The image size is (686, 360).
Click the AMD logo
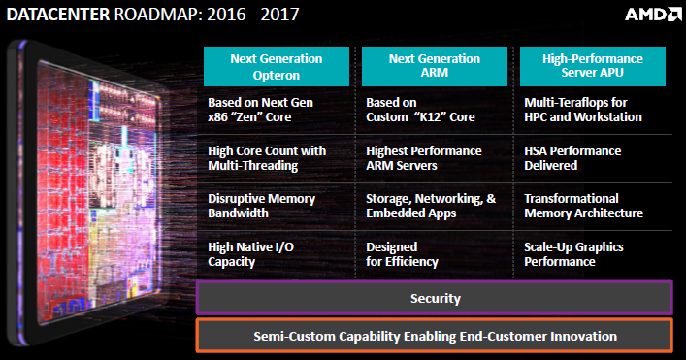click(x=653, y=15)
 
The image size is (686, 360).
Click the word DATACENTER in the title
click(x=58, y=15)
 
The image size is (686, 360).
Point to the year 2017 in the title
click(x=280, y=15)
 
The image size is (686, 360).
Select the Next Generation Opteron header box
click(x=277, y=67)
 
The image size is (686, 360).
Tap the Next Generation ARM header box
click(x=435, y=67)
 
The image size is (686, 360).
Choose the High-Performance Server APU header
click(x=593, y=67)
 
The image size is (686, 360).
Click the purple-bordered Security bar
click(x=435, y=298)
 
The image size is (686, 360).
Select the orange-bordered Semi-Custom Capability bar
click(x=435, y=336)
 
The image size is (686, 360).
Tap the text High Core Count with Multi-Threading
click(x=267, y=158)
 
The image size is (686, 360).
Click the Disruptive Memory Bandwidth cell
click(x=262, y=206)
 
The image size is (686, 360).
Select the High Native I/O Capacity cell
click(x=250, y=254)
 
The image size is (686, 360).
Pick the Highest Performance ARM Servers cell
click(x=423, y=158)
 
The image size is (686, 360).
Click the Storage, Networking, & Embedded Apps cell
click(x=431, y=206)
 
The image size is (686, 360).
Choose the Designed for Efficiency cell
click(x=402, y=254)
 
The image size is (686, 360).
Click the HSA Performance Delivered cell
click(x=572, y=158)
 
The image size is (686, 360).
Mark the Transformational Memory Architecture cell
click(x=583, y=206)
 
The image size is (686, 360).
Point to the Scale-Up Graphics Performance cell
click(x=573, y=254)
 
